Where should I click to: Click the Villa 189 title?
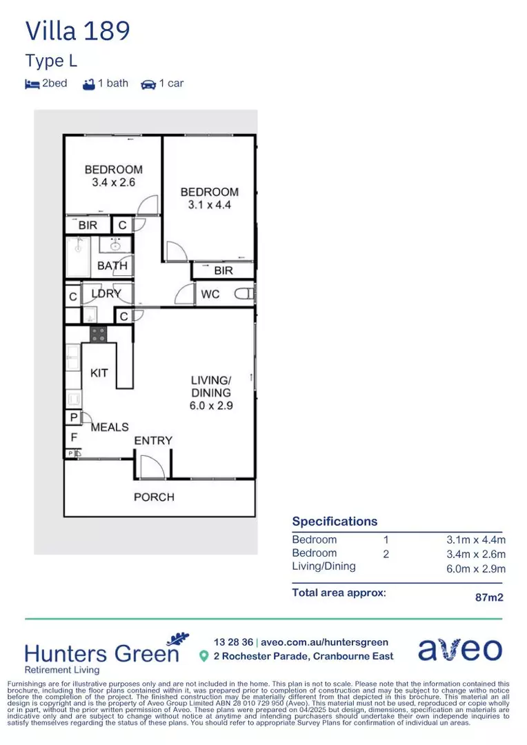[77, 31]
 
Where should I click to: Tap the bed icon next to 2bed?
[32, 84]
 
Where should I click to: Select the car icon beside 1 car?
[148, 84]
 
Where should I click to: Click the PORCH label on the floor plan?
[154, 497]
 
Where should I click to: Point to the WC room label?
[210, 295]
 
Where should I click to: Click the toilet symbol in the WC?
[243, 295]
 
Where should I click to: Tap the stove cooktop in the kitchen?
[99, 335]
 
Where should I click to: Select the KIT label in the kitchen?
[99, 373]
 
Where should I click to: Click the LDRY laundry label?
[106, 293]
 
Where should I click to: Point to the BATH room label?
[112, 266]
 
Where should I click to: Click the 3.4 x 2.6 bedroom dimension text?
[113, 183]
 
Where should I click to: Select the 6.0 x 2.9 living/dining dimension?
[211, 406]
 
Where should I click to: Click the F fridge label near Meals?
[73, 436]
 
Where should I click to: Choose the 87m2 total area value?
[489, 597]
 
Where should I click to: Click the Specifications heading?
[335, 521]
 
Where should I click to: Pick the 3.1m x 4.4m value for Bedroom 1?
[475, 540]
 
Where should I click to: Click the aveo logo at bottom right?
[460, 650]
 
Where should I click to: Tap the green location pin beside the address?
[203, 656]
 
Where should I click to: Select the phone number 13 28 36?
[233, 642]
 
